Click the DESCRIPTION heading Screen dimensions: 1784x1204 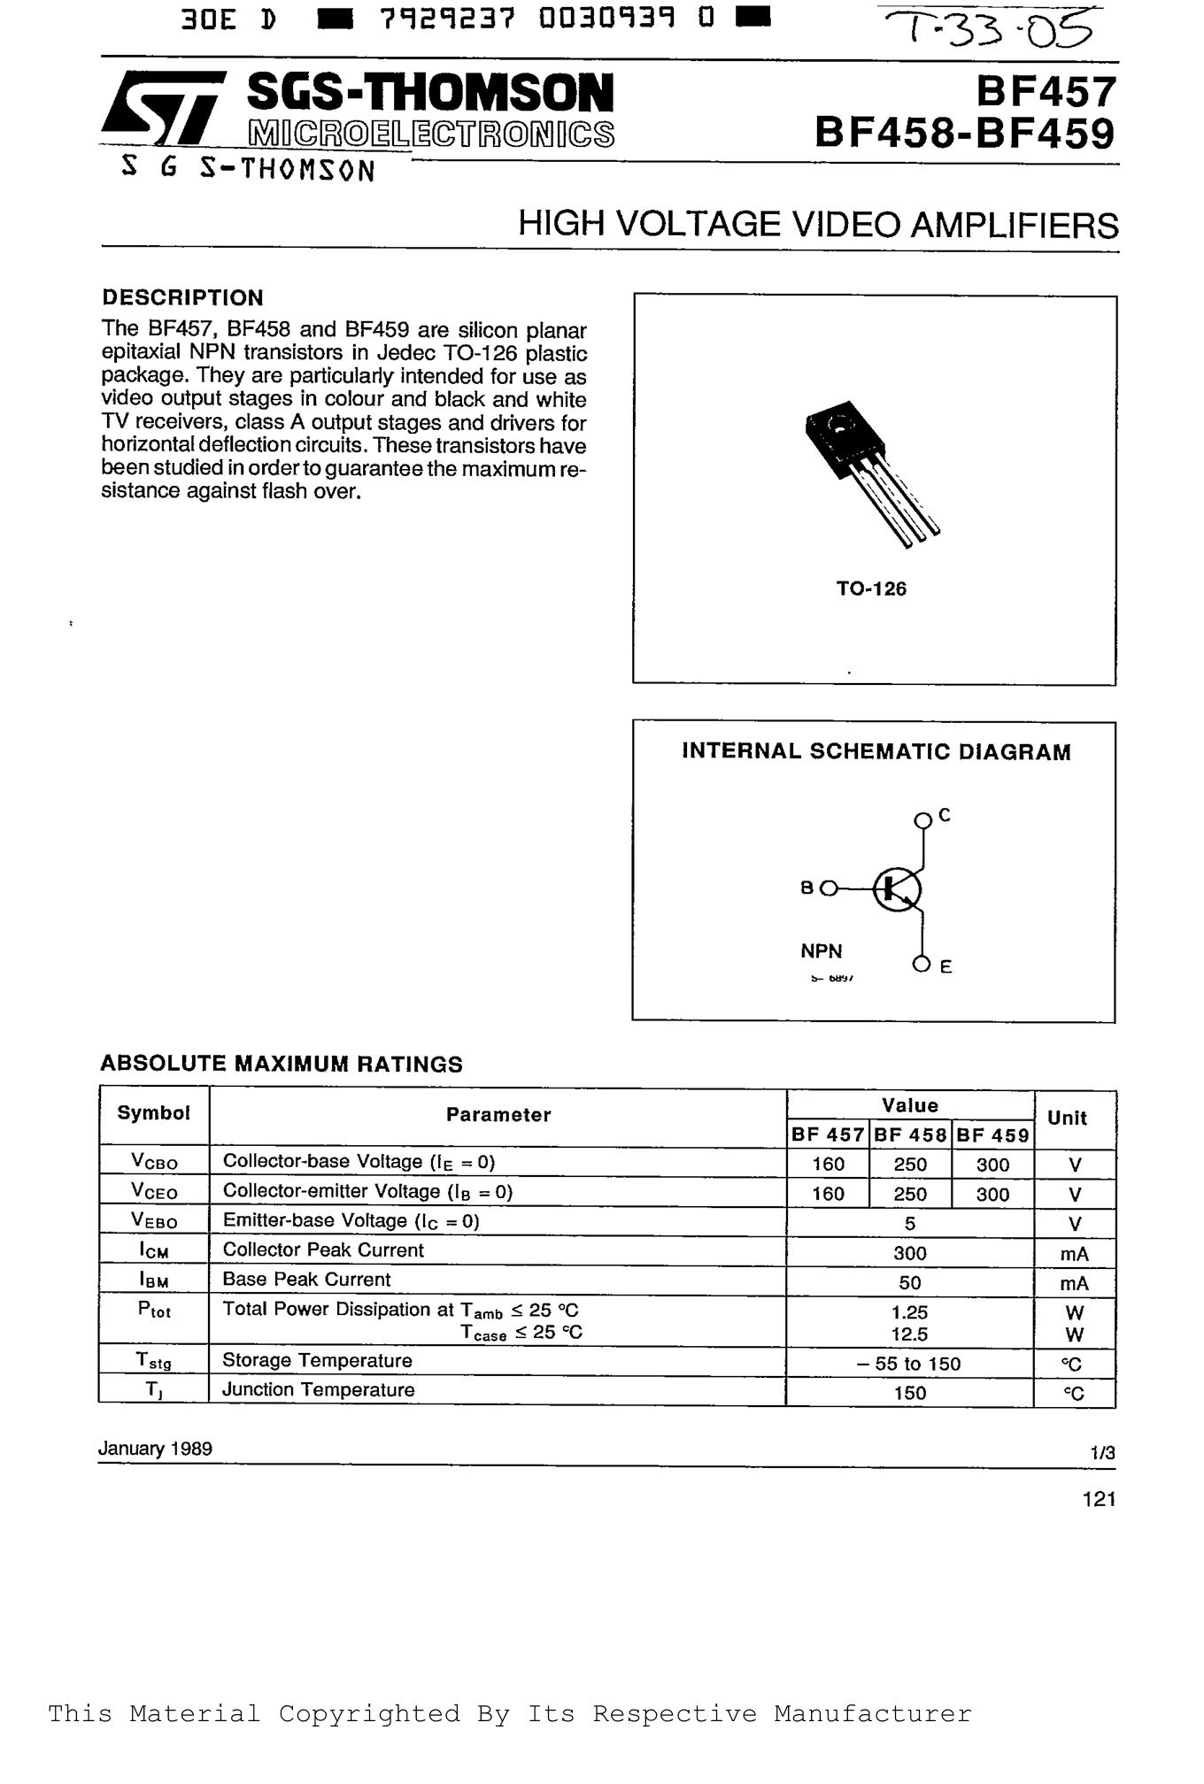(182, 297)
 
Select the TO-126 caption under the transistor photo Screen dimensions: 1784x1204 (871, 588)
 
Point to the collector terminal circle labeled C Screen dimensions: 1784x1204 (922, 820)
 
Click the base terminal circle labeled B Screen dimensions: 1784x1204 (829, 888)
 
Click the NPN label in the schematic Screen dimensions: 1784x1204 (822, 951)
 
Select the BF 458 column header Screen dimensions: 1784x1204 (910, 1134)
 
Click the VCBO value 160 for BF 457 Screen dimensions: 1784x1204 (828, 1165)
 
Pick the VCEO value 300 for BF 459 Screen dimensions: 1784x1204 (992, 1194)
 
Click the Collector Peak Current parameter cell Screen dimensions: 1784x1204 (323, 1250)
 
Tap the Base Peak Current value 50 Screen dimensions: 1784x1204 (909, 1282)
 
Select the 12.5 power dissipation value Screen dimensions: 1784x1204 (909, 1334)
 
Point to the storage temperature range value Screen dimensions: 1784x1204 (909, 1364)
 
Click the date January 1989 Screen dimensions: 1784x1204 (155, 1449)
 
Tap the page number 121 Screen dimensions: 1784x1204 (1098, 1499)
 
